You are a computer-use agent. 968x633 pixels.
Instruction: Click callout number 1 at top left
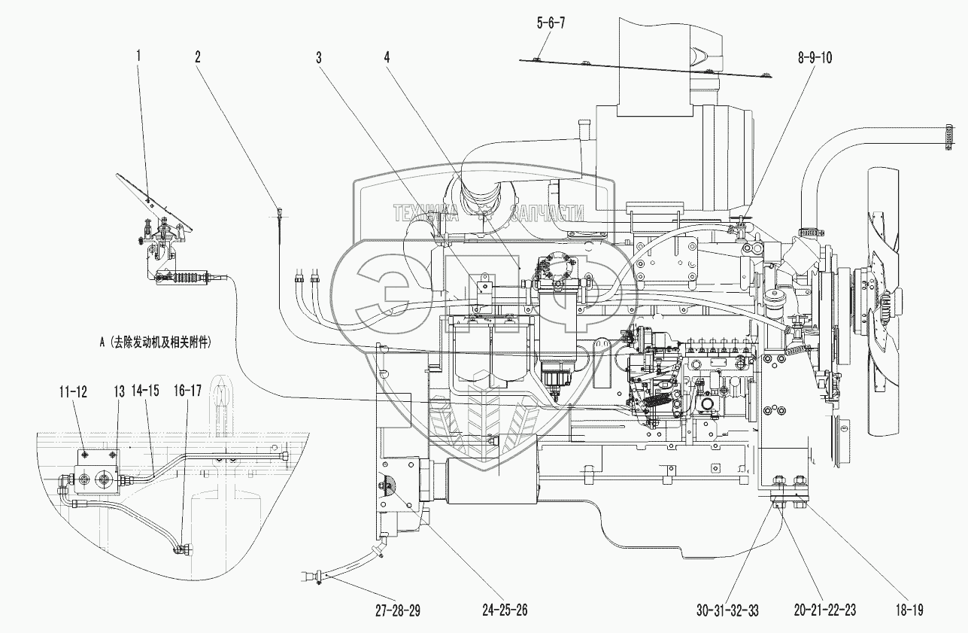coord(138,55)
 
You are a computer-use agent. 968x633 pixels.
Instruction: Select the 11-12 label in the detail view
coord(73,392)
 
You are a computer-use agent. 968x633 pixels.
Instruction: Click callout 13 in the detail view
coord(120,392)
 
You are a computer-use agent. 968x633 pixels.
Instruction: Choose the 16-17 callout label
coord(188,392)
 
